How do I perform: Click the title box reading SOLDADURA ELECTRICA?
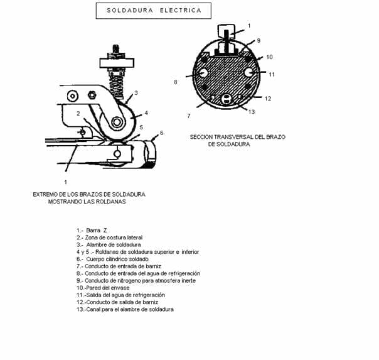154,11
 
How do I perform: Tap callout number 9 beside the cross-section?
259,40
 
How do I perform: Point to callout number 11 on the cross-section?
272,74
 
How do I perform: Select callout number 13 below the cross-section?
252,112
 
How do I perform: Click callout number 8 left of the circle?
176,82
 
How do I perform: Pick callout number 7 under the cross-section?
189,116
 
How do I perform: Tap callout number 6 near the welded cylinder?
162,133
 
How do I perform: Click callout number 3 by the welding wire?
136,92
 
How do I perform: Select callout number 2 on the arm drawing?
78,113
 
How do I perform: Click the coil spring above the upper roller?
117,85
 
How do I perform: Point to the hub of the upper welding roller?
117,122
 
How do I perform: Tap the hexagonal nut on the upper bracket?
92,95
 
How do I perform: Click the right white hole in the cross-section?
248,72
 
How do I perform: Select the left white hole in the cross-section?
203,73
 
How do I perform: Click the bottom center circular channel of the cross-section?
227,99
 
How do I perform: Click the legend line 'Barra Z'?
92,231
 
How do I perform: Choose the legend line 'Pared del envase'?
103,288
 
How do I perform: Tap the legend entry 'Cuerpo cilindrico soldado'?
112,259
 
